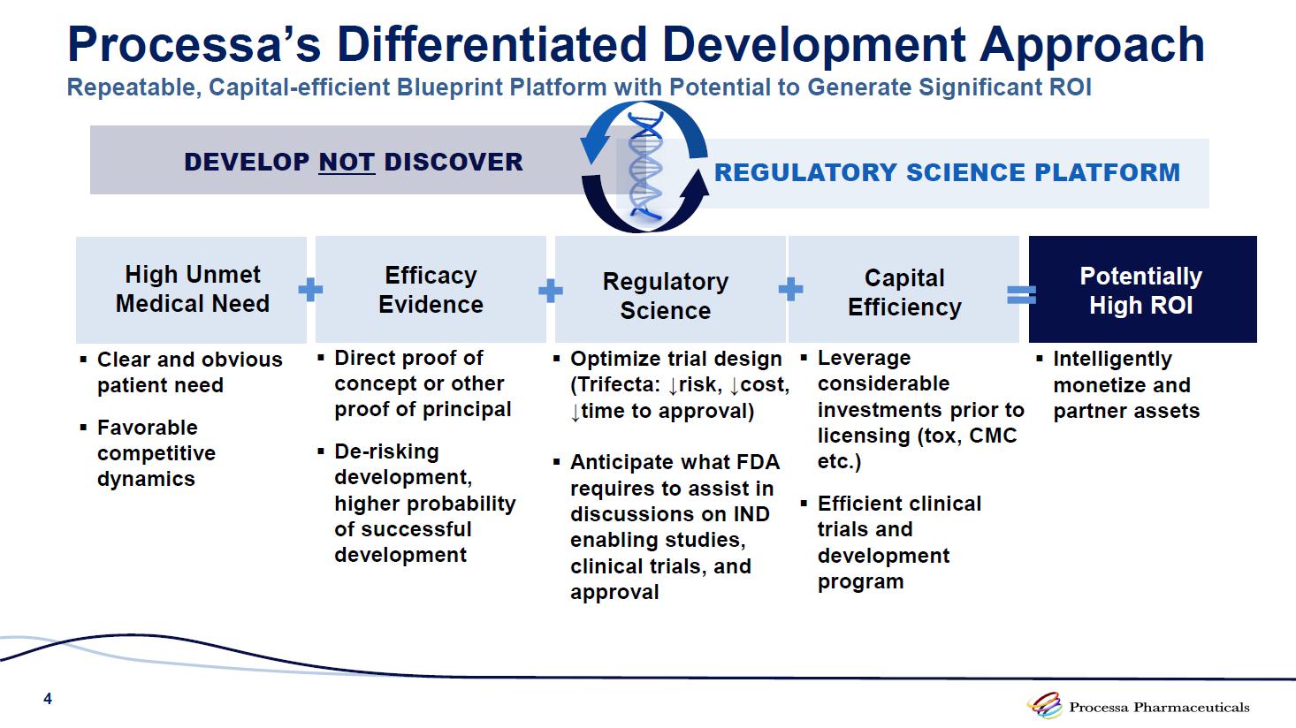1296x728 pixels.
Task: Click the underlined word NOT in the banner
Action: tap(347, 162)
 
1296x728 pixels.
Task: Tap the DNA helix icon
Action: tap(645, 166)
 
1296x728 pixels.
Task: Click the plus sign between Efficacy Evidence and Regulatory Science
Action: tap(550, 291)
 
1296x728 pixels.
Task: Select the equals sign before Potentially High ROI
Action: tap(1021, 295)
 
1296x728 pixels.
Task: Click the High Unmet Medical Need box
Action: tap(192, 289)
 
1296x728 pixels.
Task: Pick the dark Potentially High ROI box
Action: tap(1143, 289)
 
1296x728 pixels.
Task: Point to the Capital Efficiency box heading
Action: tap(904, 292)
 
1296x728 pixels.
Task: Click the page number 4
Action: tap(48, 699)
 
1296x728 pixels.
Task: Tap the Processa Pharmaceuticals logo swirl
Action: tap(1044, 705)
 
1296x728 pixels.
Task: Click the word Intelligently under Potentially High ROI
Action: tap(1113, 359)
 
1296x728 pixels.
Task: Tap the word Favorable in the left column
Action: tap(148, 428)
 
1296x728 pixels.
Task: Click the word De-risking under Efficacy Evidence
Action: tap(386, 451)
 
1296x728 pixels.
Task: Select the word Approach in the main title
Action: tap(1093, 45)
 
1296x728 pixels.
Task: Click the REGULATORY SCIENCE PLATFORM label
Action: tap(947, 172)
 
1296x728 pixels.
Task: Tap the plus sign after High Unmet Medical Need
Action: tap(310, 290)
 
